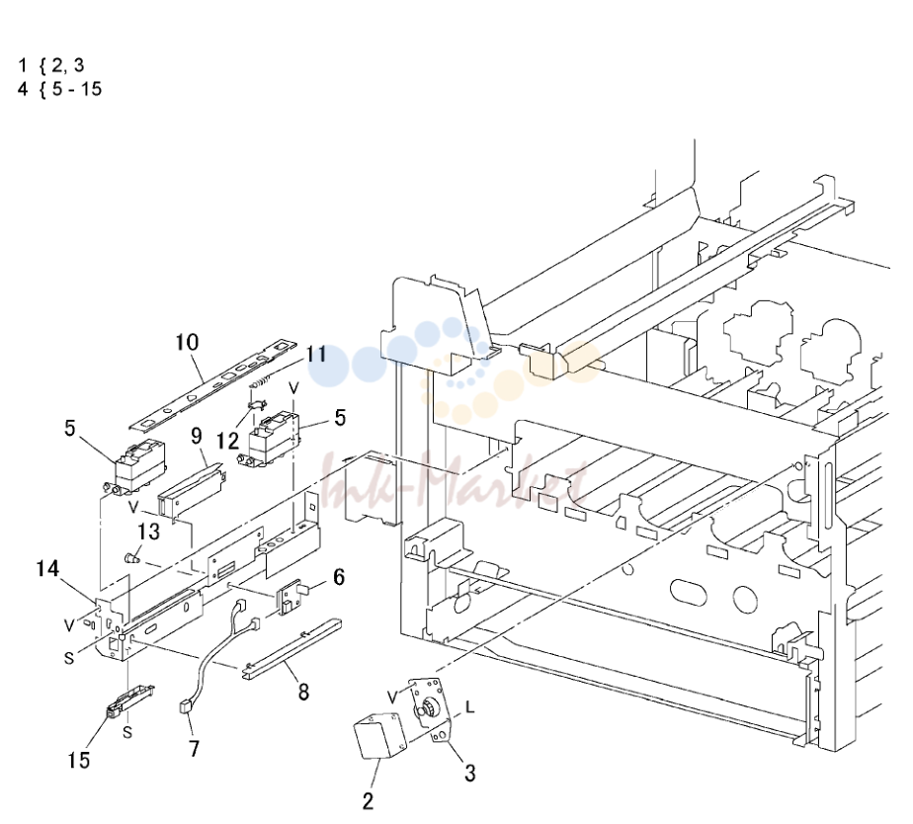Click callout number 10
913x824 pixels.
pos(187,343)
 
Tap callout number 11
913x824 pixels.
pos(317,354)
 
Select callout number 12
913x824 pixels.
pos(227,442)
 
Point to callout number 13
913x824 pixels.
pos(148,532)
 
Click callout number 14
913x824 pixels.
pos(47,568)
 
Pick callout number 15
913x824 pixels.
pos(79,760)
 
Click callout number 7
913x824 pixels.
pos(195,748)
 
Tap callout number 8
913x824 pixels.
pos(303,692)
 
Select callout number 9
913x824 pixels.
pos(197,436)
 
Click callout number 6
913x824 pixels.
pos(339,577)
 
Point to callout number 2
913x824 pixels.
pos(368,801)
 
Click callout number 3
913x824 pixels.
pos(470,774)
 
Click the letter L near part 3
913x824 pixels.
pos(470,707)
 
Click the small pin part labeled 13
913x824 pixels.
pos(133,558)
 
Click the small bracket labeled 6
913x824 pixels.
pos(288,597)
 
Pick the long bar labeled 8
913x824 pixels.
pos(292,647)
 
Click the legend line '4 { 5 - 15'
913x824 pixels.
pos(59,89)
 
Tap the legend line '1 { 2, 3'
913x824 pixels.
pos(51,65)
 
